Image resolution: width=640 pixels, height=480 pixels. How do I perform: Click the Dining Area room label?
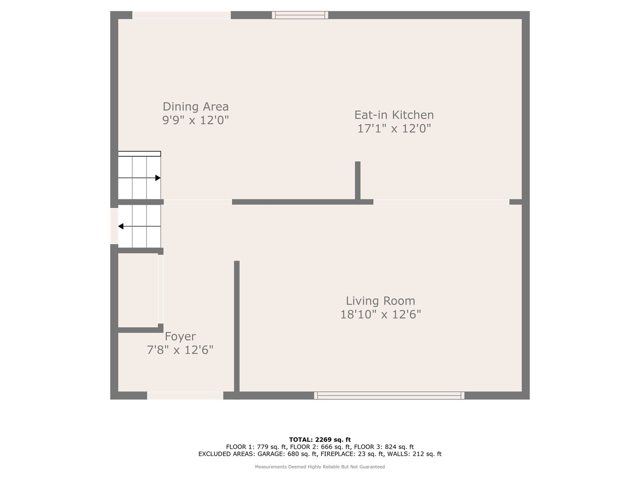196,107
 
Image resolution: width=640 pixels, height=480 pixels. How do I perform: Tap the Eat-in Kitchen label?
394,115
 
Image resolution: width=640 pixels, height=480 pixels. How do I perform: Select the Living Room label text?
380,301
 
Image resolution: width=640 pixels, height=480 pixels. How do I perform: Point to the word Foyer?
180,336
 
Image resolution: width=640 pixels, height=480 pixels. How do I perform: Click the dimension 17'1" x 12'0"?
394,128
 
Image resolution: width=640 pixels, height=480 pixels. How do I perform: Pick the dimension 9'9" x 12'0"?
196,120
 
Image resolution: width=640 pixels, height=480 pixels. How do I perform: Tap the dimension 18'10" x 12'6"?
380,315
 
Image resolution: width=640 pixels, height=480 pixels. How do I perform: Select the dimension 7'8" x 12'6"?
180,350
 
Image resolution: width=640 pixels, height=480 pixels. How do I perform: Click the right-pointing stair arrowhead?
158,178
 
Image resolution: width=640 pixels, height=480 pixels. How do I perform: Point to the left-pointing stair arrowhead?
121,226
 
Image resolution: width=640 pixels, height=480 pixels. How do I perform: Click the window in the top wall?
300,15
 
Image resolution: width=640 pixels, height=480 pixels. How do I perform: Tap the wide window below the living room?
389,396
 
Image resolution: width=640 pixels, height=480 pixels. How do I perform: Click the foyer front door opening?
185,396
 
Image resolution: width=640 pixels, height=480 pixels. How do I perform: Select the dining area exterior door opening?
181,15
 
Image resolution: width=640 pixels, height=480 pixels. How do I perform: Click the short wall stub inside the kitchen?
358,180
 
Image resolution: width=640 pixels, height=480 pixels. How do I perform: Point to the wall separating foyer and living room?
237,326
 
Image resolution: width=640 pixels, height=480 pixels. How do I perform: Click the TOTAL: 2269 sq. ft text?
320,440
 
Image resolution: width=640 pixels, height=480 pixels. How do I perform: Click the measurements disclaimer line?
320,467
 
